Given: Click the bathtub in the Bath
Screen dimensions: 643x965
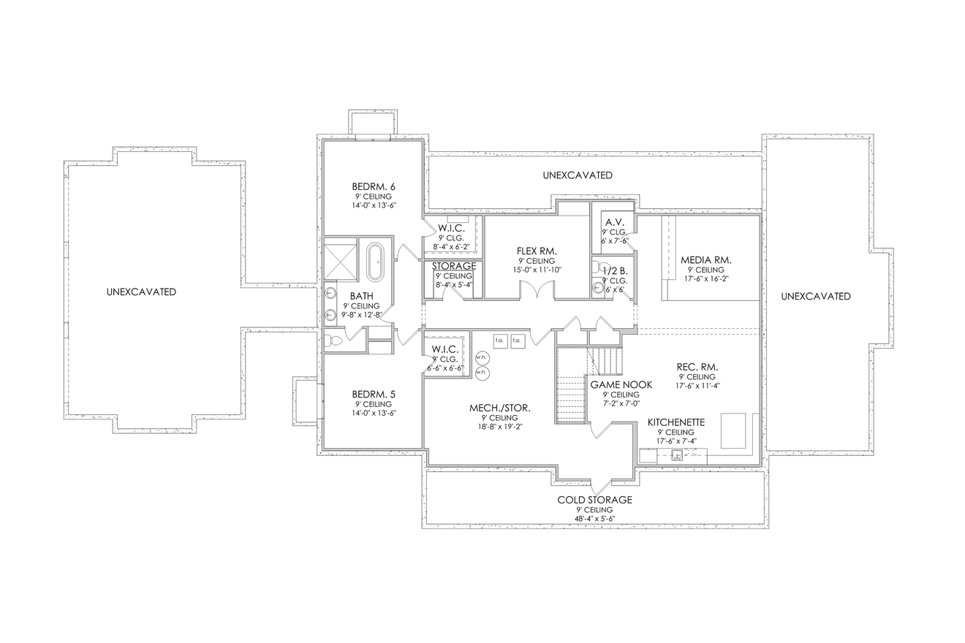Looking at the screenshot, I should tap(374, 262).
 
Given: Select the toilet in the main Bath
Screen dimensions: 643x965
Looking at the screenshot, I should tap(335, 340).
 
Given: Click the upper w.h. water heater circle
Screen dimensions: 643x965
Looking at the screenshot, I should tap(481, 357).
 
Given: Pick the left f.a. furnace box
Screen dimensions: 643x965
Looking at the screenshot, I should tap(501, 340).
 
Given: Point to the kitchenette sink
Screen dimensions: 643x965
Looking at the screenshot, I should tap(677, 456).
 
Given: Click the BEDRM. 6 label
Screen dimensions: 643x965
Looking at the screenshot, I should tap(374, 186).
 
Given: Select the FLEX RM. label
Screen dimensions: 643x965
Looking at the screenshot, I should tap(537, 251).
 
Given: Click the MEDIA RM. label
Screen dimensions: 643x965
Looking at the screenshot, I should tap(705, 259).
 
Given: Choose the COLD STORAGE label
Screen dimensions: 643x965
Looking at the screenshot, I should tap(594, 500).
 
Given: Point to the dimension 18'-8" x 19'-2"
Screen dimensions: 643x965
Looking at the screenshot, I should tap(500, 427).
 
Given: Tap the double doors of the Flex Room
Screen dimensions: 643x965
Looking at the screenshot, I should tap(537, 291).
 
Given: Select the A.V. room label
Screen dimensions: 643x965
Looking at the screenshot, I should tap(611, 223).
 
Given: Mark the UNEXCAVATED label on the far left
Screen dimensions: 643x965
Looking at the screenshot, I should tap(141, 292).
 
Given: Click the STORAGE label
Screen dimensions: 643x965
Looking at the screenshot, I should tap(454, 266).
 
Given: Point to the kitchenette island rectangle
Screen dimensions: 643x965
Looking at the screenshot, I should tap(733, 430).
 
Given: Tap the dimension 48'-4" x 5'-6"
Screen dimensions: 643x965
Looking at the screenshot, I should tap(594, 520).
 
